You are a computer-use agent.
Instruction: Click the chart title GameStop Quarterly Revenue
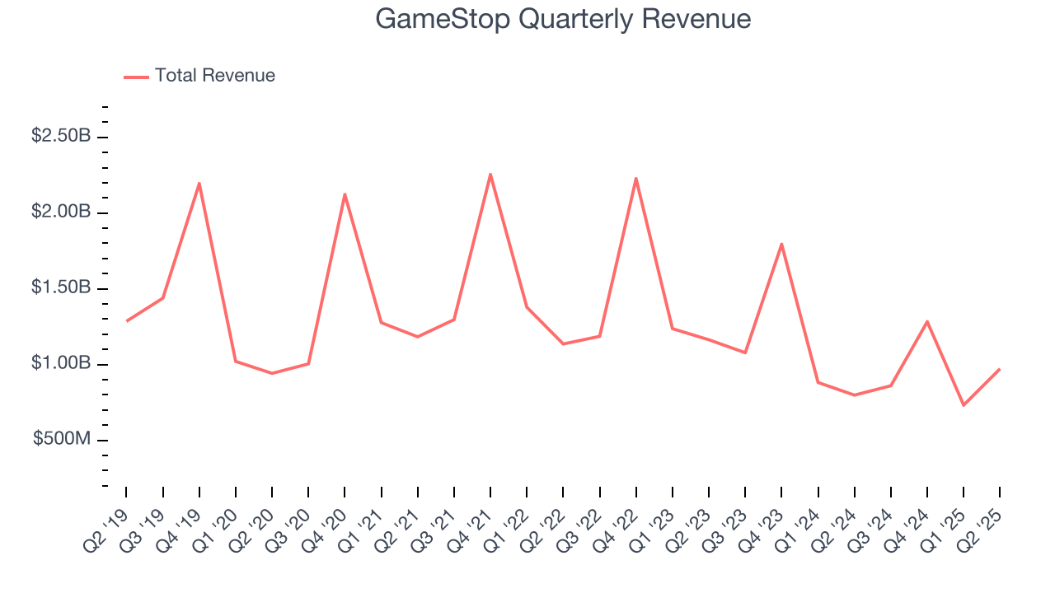tap(563, 18)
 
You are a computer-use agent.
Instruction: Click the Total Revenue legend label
tap(214, 76)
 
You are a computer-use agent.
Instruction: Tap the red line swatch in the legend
tap(136, 77)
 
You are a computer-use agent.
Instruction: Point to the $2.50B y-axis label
tap(61, 136)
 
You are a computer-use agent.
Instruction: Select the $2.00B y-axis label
tap(61, 212)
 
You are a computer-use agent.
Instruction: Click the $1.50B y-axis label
tap(61, 288)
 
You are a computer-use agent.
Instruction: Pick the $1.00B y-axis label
tap(61, 364)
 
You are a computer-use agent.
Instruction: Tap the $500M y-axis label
tap(62, 440)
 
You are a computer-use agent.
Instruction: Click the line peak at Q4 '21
tap(490, 174)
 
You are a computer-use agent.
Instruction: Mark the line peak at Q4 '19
tap(199, 183)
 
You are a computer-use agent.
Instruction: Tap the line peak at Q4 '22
tap(636, 178)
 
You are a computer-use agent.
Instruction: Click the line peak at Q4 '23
tap(781, 244)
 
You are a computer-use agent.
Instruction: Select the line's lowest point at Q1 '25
tap(963, 404)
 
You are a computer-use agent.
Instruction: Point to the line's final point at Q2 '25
tap(999, 369)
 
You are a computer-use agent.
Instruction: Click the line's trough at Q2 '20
tap(272, 373)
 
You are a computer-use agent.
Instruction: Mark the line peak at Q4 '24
tap(927, 321)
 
